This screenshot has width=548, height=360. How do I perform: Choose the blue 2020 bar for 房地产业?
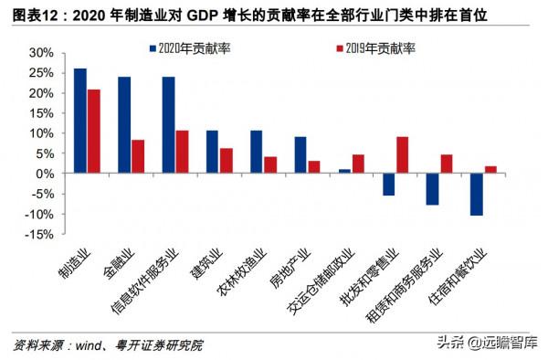click(300, 155)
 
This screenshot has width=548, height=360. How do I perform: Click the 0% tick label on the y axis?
click(46, 174)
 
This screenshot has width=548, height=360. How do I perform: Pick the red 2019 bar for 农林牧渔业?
click(270, 165)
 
